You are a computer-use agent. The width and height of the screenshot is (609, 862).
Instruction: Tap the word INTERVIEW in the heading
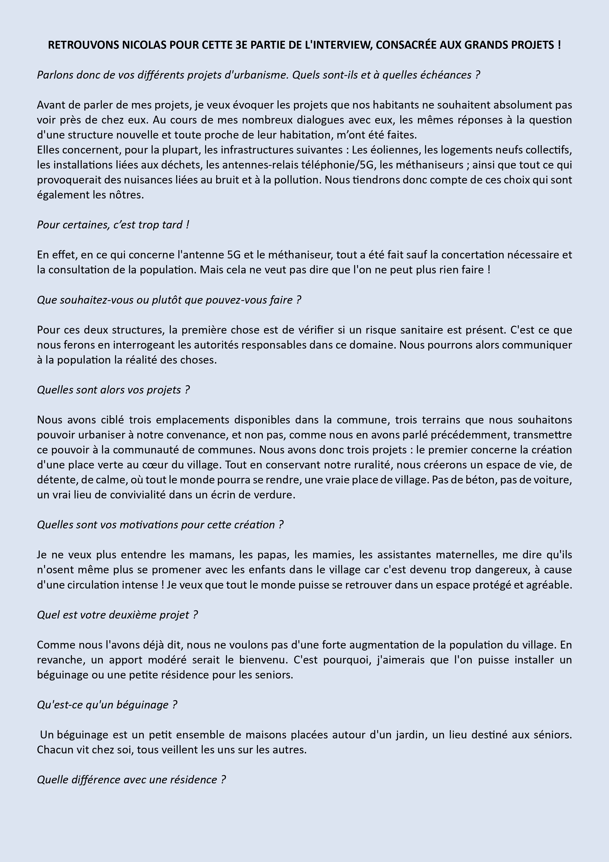[x=337, y=45]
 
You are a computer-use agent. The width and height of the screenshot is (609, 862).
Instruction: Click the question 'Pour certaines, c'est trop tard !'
[x=113, y=225]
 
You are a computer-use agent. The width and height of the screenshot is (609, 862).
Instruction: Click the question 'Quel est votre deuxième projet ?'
[x=117, y=615]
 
